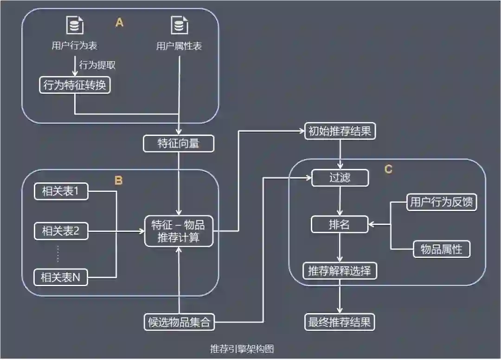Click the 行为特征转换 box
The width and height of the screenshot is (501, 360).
75,85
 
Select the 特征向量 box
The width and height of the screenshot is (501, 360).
179,144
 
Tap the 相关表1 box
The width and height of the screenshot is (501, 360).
61,192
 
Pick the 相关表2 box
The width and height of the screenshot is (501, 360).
61,231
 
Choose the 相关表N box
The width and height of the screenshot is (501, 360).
61,277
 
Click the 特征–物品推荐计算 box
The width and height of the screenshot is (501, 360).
179,231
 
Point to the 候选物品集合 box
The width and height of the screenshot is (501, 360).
179,322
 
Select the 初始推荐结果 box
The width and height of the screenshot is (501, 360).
340,131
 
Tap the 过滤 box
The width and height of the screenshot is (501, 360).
340,178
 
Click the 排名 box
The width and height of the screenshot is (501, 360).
340,225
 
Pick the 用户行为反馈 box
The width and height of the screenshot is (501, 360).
442,202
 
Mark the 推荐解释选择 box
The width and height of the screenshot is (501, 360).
340,270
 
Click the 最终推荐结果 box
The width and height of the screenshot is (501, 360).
340,322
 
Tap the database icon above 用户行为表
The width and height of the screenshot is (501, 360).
75,25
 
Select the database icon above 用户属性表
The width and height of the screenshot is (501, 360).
179,25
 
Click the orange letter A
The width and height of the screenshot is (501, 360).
119,23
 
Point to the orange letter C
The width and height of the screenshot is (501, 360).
388,169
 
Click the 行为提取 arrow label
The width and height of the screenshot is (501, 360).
97,65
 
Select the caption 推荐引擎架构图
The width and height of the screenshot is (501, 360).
245,348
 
